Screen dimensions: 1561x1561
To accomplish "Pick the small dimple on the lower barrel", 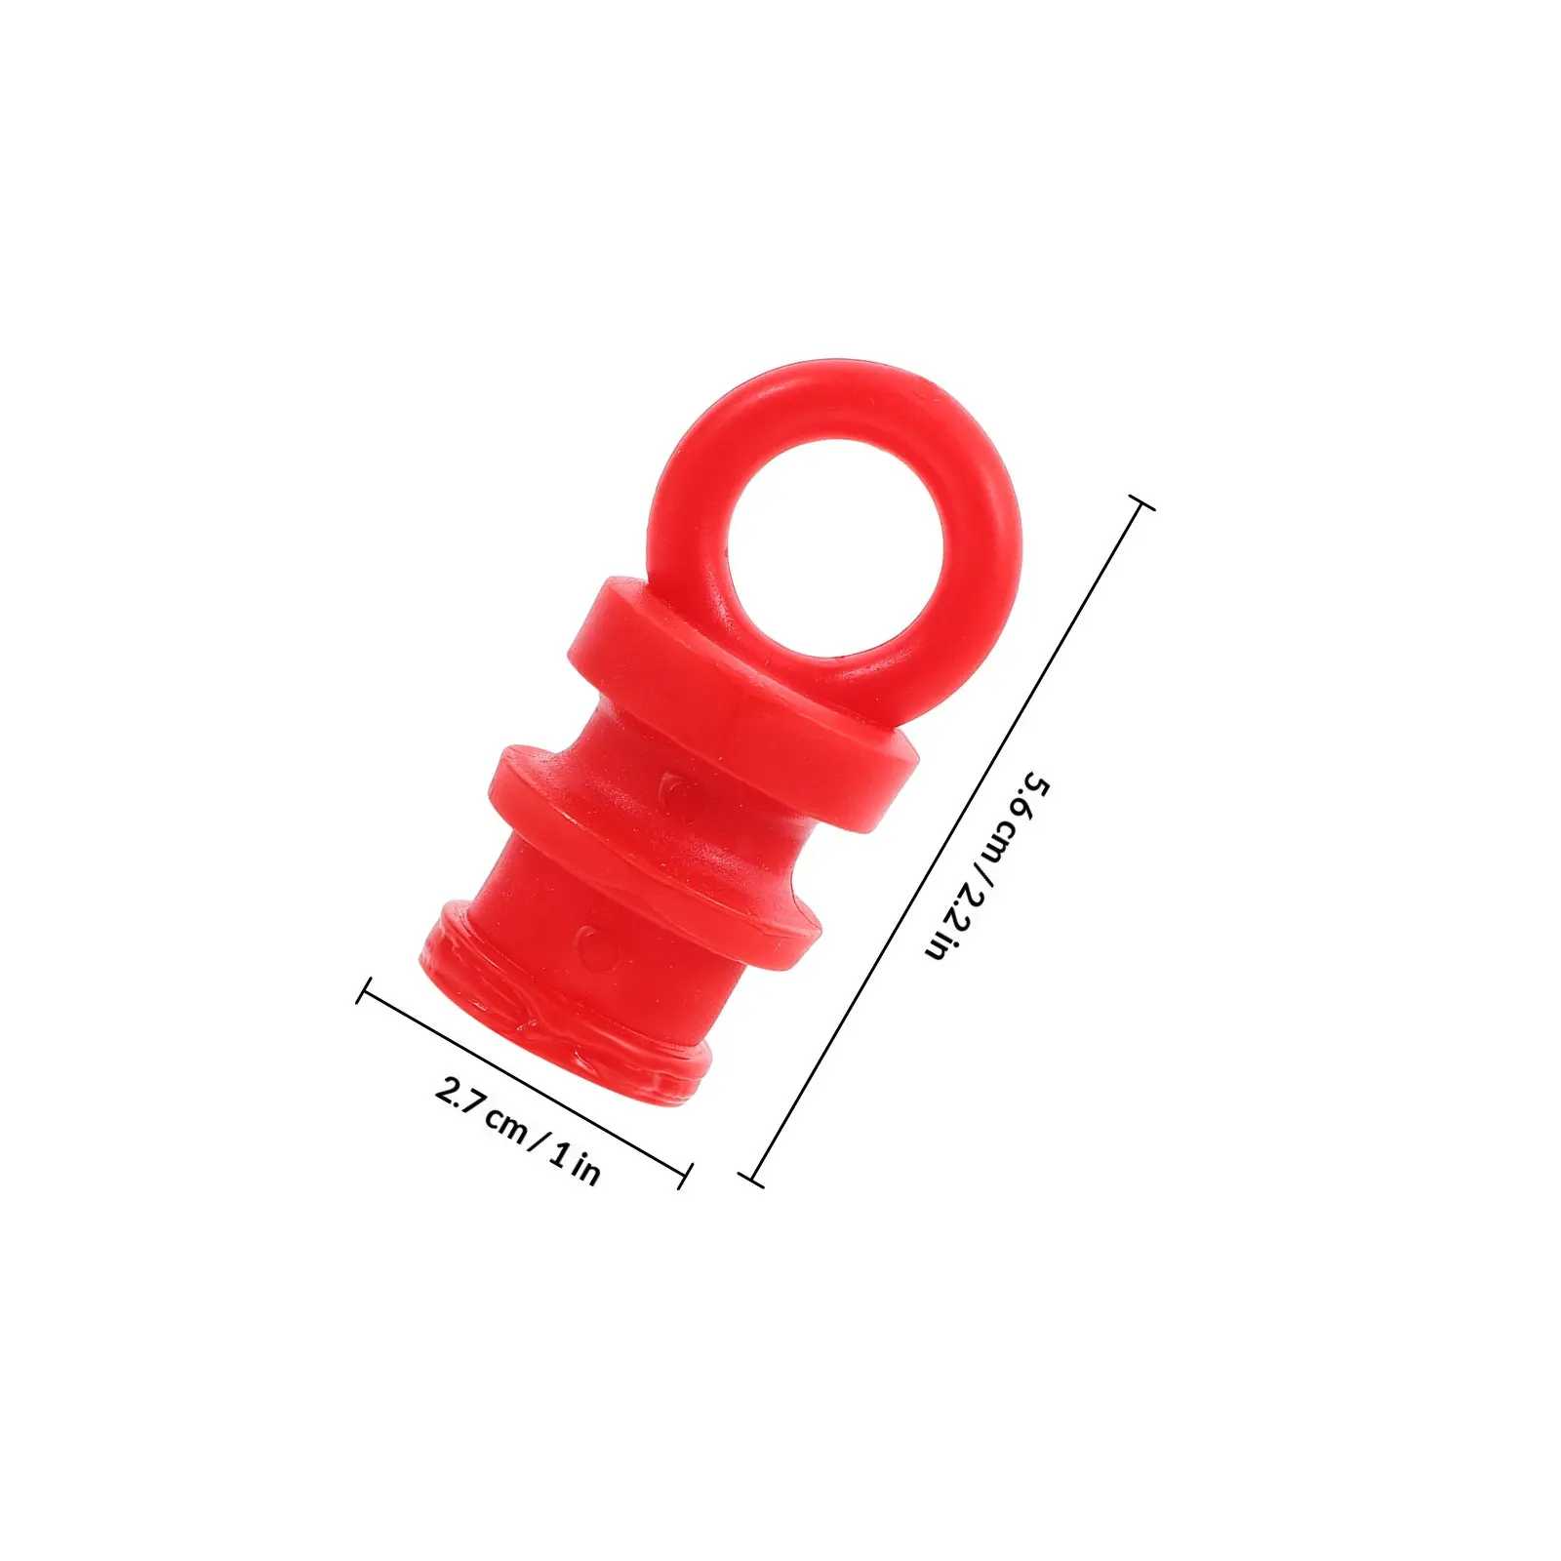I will point(591,942).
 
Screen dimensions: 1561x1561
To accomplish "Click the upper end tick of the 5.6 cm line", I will point(1141,502).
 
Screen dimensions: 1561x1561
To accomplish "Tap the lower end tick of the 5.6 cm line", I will point(751,1180).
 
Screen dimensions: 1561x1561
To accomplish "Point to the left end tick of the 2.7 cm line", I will point(364,990).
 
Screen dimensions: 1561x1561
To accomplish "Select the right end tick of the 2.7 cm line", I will point(685,1176).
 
